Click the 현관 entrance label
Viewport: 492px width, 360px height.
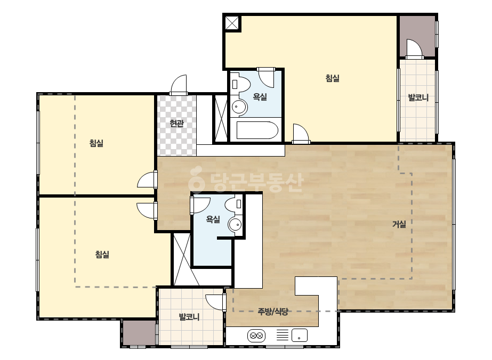coord(176,123)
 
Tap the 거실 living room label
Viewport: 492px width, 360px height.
coord(399,224)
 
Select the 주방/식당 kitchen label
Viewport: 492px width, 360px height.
coord(273,312)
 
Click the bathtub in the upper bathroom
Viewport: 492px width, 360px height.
coord(257,130)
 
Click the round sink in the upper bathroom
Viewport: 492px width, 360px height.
coord(239,107)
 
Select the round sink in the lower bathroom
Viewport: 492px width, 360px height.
coord(235,225)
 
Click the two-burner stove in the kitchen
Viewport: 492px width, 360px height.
coord(256,336)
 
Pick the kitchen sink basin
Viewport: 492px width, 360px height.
coord(300,335)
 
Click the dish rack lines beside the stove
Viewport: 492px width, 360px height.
coord(282,335)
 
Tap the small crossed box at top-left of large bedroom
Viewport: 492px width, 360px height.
coord(232,23)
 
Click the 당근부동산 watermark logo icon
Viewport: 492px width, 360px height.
coord(196,179)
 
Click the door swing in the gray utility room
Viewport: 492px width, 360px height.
coord(414,49)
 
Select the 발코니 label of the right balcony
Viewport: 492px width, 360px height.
coord(418,97)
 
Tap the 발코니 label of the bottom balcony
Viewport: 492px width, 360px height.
coord(189,317)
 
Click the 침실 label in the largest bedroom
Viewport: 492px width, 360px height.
coord(332,78)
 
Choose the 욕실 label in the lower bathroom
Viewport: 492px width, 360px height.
coord(213,219)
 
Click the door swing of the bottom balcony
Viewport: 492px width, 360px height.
coord(215,302)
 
